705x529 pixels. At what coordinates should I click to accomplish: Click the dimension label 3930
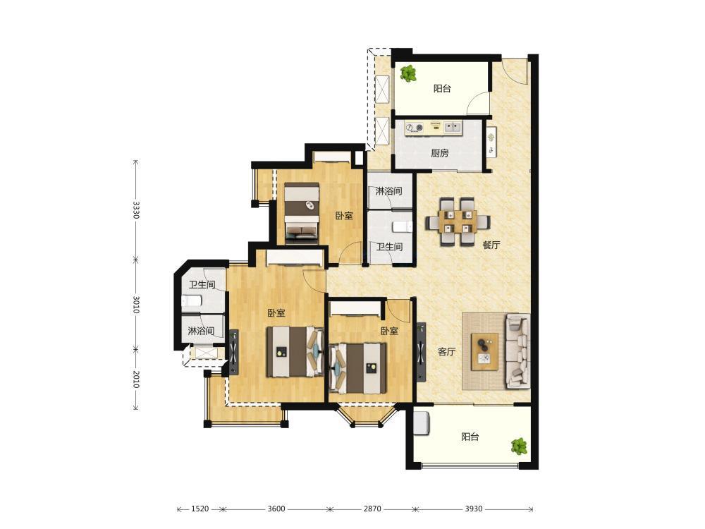tap(474, 509)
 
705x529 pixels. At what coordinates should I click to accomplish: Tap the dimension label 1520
tap(200, 509)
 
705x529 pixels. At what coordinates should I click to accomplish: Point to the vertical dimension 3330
tap(136, 209)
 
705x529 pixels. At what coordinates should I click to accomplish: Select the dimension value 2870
tap(372, 509)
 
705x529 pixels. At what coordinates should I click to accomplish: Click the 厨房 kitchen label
tap(440, 153)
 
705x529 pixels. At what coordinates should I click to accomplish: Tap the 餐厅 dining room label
tap(491, 245)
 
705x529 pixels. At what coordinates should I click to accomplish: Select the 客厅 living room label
tap(446, 352)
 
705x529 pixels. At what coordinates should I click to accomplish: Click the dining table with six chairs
tap(458, 221)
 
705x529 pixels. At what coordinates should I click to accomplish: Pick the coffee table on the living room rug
tap(484, 351)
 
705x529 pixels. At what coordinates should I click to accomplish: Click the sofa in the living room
tap(518, 351)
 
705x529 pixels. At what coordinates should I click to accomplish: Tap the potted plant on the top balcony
tap(408, 73)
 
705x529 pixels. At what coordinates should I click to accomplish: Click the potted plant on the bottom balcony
tap(519, 446)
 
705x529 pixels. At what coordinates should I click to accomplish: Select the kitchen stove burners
tap(414, 128)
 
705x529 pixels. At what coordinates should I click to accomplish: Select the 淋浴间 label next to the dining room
tap(389, 191)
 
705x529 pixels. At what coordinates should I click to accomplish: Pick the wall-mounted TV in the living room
tap(422, 352)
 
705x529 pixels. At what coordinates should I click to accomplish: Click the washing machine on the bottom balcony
tap(422, 422)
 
